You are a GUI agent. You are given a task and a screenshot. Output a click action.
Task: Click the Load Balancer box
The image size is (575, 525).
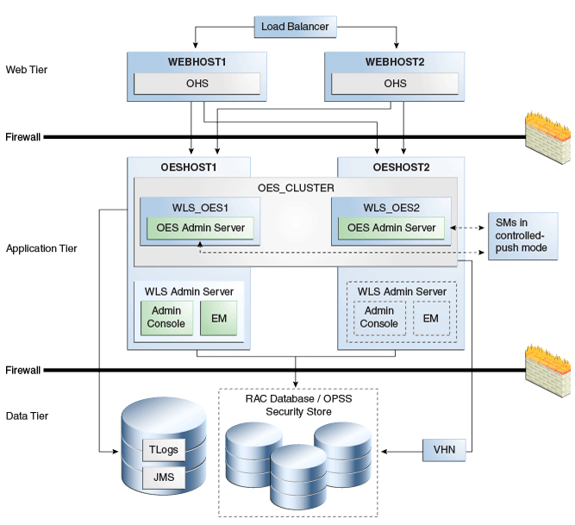pyautogui.click(x=295, y=27)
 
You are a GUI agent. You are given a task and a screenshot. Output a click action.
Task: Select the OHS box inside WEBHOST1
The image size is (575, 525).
pyautogui.click(x=197, y=84)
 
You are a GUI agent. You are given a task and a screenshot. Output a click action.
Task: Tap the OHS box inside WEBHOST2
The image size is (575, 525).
pyautogui.click(x=395, y=84)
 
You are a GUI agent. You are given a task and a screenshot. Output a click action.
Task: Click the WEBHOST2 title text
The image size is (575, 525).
pyautogui.click(x=395, y=62)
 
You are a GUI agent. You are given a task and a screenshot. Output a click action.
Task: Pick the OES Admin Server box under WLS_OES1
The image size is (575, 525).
pyautogui.click(x=200, y=228)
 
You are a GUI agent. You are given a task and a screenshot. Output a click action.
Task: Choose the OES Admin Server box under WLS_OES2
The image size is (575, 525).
pyautogui.click(x=391, y=228)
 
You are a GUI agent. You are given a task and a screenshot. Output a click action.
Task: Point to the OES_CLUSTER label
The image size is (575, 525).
pyautogui.click(x=296, y=188)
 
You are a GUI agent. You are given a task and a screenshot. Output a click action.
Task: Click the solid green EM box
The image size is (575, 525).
pyautogui.click(x=219, y=318)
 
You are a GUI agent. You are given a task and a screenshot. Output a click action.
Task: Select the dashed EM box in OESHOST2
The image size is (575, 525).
pyautogui.click(x=431, y=318)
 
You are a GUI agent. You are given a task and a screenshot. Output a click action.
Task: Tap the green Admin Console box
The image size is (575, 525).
pyautogui.click(x=166, y=318)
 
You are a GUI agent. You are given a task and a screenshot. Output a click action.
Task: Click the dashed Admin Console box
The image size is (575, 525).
pyautogui.click(x=379, y=318)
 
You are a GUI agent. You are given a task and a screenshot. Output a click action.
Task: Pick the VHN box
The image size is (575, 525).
pyautogui.click(x=444, y=450)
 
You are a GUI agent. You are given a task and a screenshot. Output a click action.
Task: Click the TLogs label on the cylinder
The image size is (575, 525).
pyautogui.click(x=164, y=450)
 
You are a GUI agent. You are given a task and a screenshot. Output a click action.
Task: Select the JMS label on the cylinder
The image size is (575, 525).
pyautogui.click(x=164, y=478)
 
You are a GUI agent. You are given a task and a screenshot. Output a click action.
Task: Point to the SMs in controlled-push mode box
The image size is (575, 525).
pyautogui.click(x=522, y=236)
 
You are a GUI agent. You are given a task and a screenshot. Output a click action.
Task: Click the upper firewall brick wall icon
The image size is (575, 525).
pyautogui.click(x=547, y=137)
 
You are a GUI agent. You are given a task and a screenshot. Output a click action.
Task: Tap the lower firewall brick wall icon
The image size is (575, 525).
pyautogui.click(x=547, y=371)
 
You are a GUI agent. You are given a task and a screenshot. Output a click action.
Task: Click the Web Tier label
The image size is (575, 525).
pyautogui.click(x=27, y=70)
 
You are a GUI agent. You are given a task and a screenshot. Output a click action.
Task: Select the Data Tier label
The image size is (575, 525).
pyautogui.click(x=27, y=416)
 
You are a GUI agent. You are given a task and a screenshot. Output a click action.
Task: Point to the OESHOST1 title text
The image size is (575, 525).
pyautogui.click(x=189, y=167)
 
